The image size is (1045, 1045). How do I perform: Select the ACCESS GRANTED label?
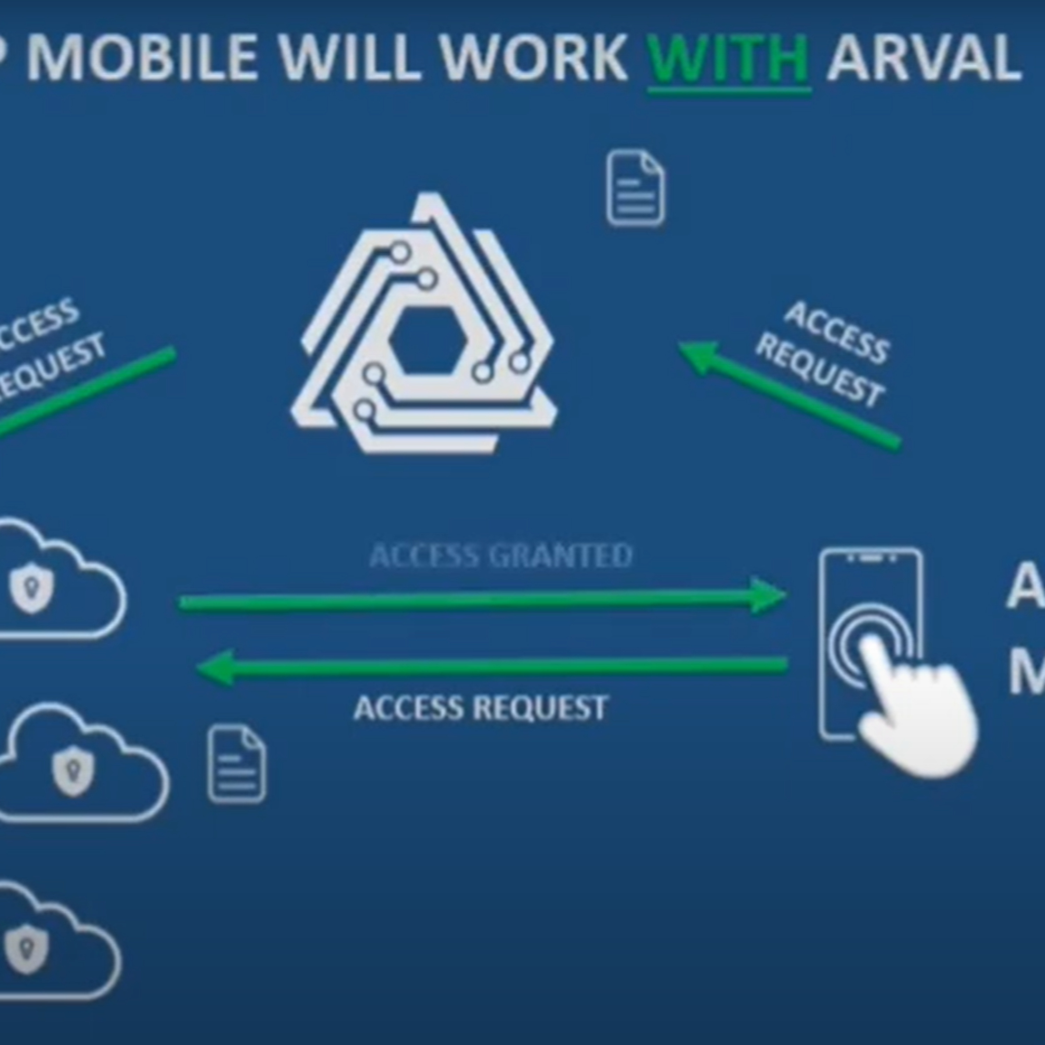[x=500, y=556]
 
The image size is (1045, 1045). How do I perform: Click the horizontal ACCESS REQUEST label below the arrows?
[x=481, y=707]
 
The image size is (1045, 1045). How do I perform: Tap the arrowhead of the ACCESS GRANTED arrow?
[x=768, y=596]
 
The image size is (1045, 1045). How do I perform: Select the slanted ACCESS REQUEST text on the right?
[x=822, y=354]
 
